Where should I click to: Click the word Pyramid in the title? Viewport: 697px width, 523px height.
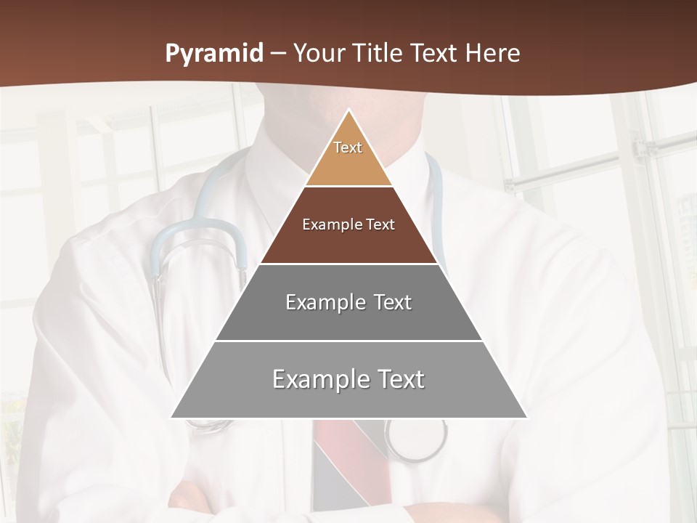(x=214, y=54)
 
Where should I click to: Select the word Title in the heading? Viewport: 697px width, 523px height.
(x=378, y=54)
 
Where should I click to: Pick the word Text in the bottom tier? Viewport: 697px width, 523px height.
(x=396, y=379)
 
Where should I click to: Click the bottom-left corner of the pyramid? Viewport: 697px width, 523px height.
(x=171, y=418)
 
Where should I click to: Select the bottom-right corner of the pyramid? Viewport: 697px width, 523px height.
(x=526, y=418)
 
